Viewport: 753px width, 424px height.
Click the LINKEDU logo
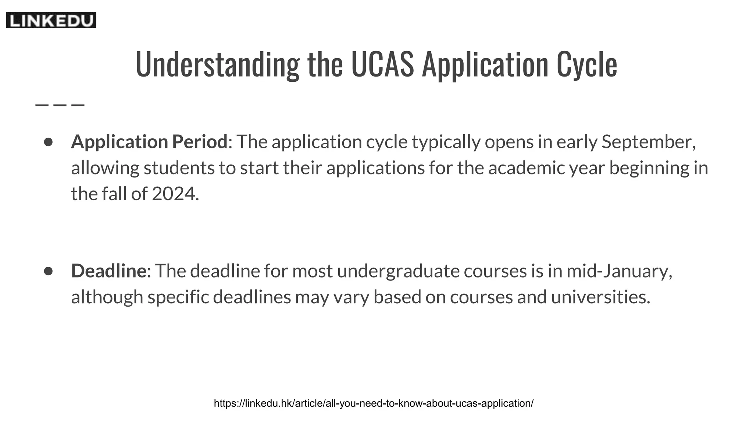pos(51,20)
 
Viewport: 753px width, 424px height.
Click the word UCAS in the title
pos(382,64)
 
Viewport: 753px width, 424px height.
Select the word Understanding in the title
pos(217,64)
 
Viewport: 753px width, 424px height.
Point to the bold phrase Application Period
pos(149,142)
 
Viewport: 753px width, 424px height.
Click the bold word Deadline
pos(108,271)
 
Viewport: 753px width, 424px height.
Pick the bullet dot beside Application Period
pos(48,142)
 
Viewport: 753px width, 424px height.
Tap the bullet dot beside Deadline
pos(48,271)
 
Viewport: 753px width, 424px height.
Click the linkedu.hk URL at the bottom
pos(374,403)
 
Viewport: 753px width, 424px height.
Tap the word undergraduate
pos(398,271)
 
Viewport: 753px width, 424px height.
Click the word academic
pos(526,168)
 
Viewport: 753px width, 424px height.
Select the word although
pos(107,297)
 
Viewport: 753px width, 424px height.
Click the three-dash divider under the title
pos(60,105)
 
